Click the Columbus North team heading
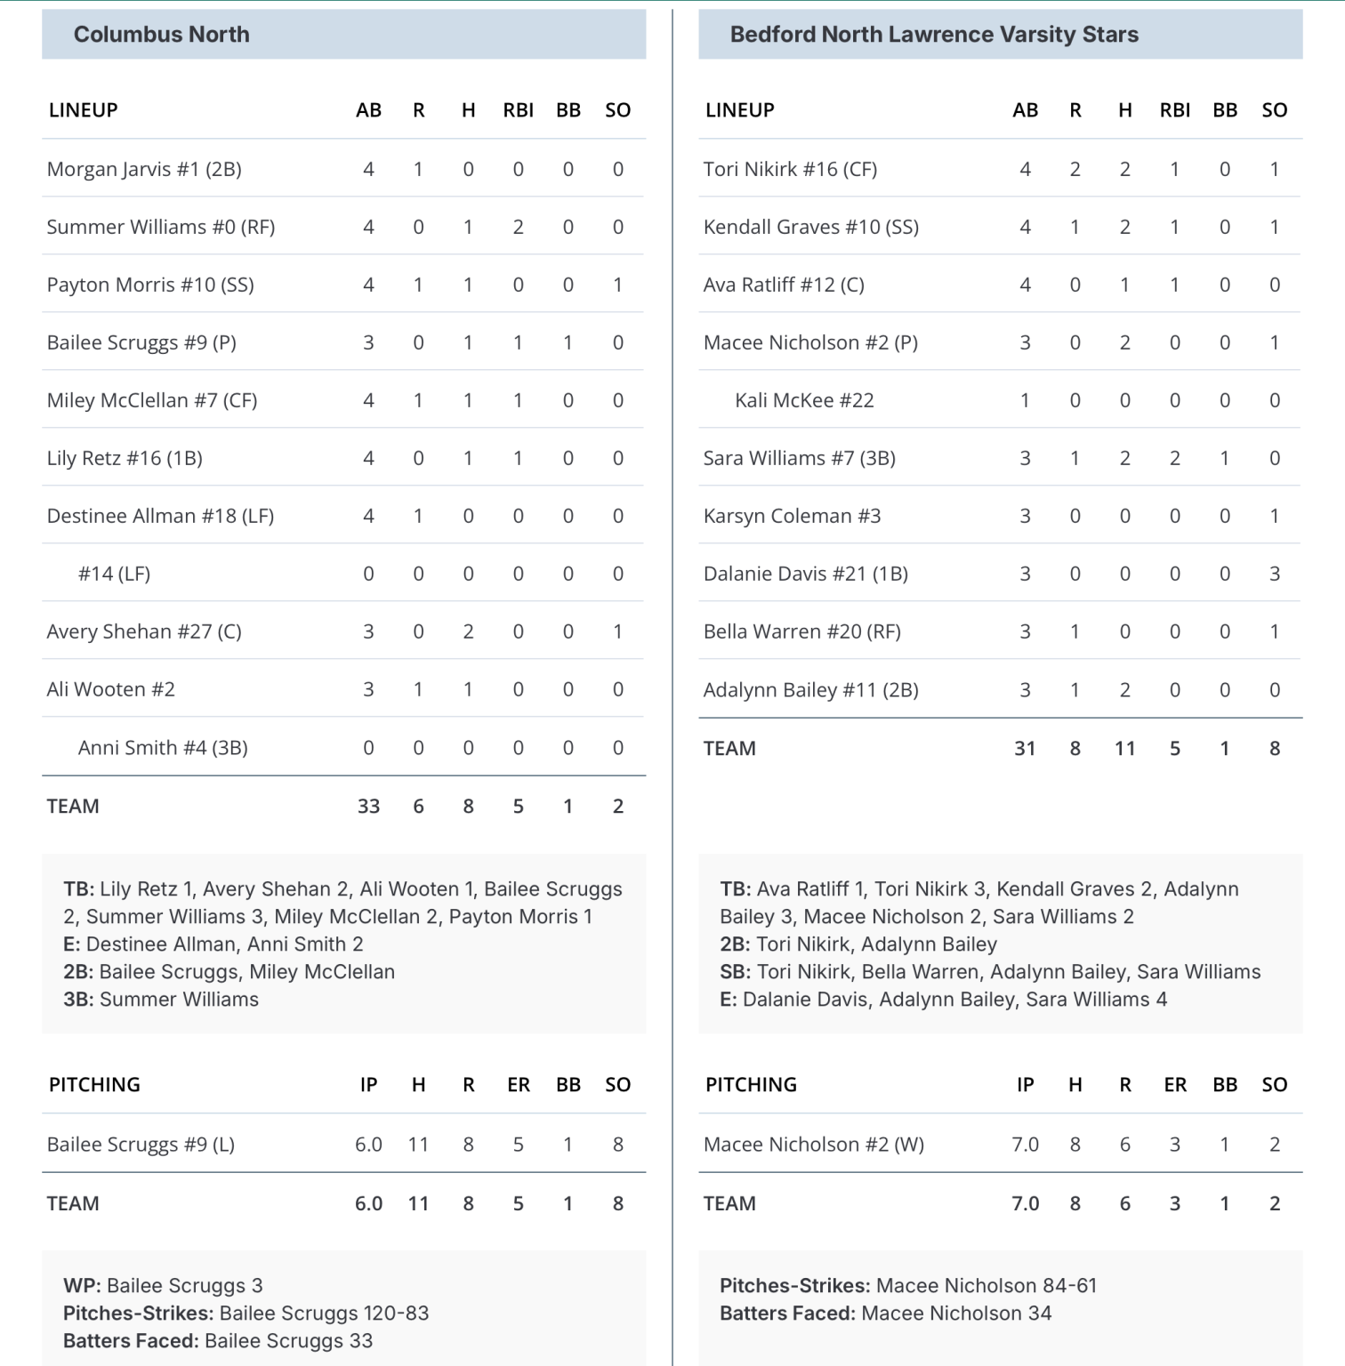point(161,35)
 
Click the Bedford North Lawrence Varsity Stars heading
point(933,35)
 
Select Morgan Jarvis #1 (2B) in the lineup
point(144,169)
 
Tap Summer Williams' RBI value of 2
point(518,227)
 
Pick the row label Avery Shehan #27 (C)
point(144,631)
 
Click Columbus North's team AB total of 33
point(368,806)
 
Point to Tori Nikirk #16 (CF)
point(790,169)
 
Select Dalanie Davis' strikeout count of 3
point(1274,574)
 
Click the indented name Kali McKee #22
point(804,400)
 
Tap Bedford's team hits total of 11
point(1124,748)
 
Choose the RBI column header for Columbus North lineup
point(518,110)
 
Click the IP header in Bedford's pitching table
point(1025,1084)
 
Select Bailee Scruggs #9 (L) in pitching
point(141,1145)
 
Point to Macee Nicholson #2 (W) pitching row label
point(813,1145)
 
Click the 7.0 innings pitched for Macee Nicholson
point(1025,1145)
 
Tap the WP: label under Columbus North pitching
point(83,1285)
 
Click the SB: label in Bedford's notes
point(736,971)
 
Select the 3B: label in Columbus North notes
point(78,999)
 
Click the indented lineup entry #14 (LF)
point(114,574)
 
